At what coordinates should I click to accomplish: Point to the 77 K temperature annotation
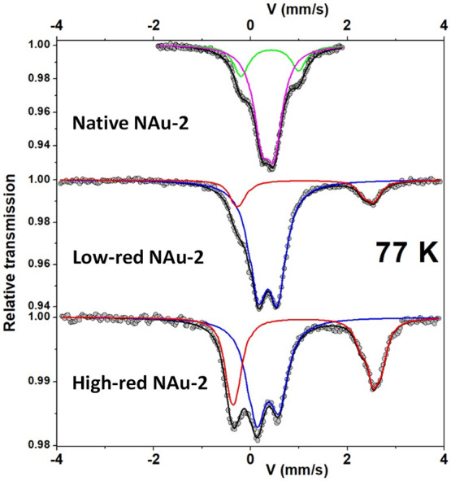click(405, 253)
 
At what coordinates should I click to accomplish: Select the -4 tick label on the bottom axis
click(55, 457)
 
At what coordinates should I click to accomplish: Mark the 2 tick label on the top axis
click(347, 24)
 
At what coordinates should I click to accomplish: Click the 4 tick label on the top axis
click(444, 24)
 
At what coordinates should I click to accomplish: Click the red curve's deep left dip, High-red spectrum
click(233, 404)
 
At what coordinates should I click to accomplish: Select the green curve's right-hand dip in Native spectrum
click(300, 70)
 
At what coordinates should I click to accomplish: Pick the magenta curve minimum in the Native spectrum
click(271, 160)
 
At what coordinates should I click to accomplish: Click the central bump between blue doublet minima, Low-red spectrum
click(268, 291)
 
